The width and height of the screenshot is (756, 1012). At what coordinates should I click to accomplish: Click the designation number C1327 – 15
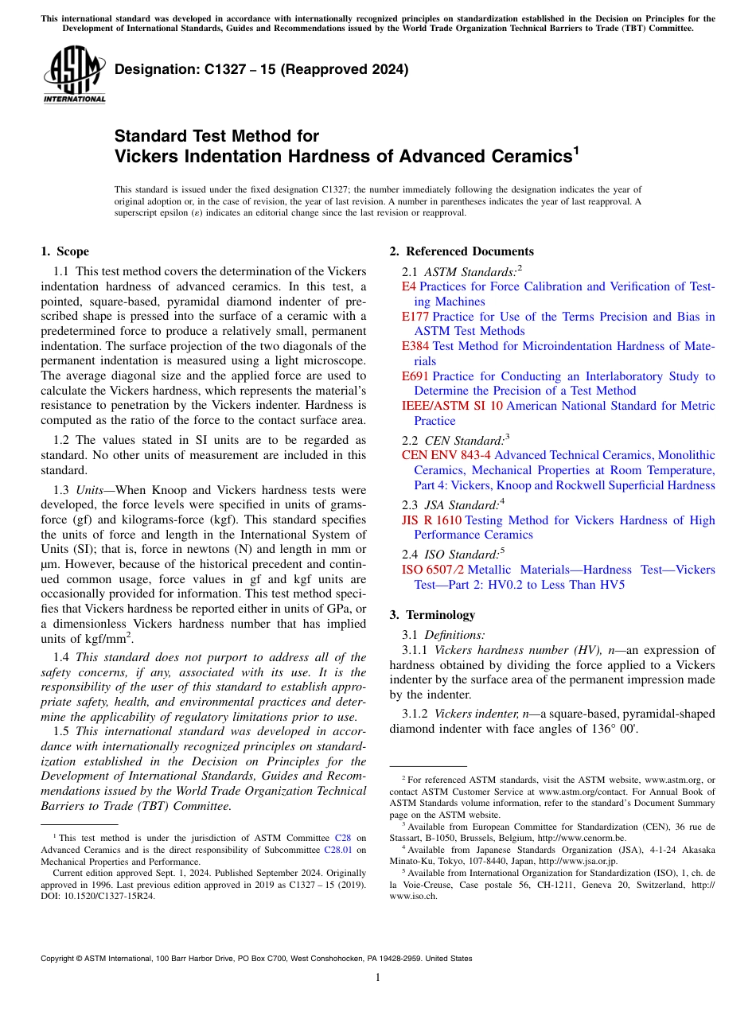262,69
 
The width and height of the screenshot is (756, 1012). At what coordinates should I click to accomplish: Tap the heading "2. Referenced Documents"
462,251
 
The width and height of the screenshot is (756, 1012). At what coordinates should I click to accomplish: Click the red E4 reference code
408,286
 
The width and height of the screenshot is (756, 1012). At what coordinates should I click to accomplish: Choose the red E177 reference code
415,317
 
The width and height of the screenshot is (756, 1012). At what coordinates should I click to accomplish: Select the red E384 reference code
415,346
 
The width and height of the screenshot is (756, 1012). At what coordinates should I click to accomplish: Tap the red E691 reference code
415,376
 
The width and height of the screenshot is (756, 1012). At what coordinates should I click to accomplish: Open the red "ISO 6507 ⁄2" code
433,570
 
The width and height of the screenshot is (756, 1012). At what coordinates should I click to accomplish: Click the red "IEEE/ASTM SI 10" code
452,406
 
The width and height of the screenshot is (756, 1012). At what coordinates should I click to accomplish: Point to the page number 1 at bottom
378,978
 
